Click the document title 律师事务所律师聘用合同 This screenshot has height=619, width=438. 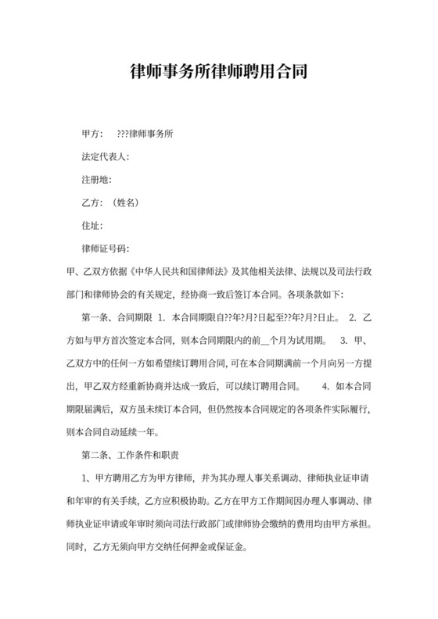point(218,73)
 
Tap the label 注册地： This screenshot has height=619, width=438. point(97,179)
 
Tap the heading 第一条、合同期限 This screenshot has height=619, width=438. point(114,318)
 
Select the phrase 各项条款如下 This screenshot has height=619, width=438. point(324,295)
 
